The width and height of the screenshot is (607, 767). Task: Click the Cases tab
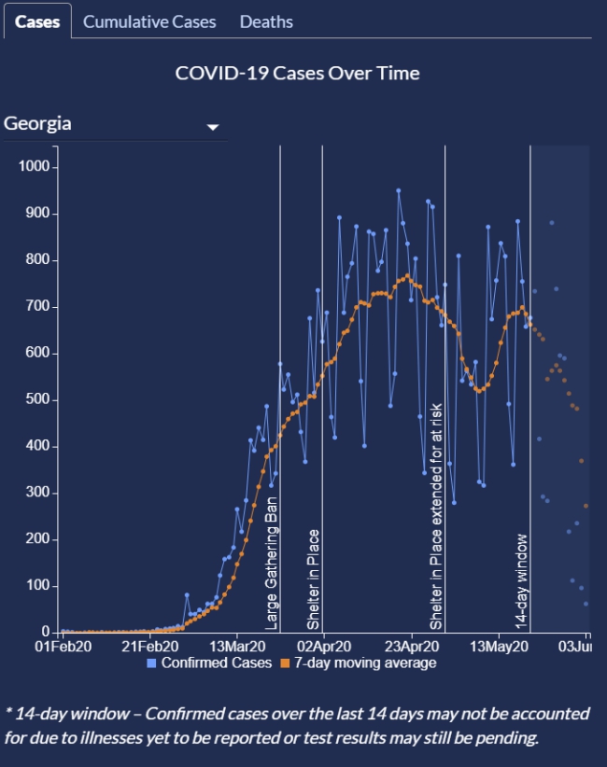point(37,21)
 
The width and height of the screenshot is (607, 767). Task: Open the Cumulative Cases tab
point(149,21)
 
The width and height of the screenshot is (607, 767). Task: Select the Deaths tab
point(266,21)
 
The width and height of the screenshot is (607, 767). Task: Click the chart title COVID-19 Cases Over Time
point(298,73)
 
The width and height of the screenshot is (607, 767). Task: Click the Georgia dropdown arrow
point(213,127)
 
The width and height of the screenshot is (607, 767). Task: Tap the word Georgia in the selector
point(38,124)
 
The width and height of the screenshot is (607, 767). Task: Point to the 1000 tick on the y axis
point(39,167)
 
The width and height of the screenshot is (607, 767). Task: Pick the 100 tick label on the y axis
point(43,586)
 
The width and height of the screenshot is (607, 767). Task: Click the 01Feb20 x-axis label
point(62,646)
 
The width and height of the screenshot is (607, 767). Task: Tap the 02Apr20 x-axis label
point(324,646)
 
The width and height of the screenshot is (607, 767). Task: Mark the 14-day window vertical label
point(522,579)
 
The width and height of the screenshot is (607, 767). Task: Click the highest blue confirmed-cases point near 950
point(398,190)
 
